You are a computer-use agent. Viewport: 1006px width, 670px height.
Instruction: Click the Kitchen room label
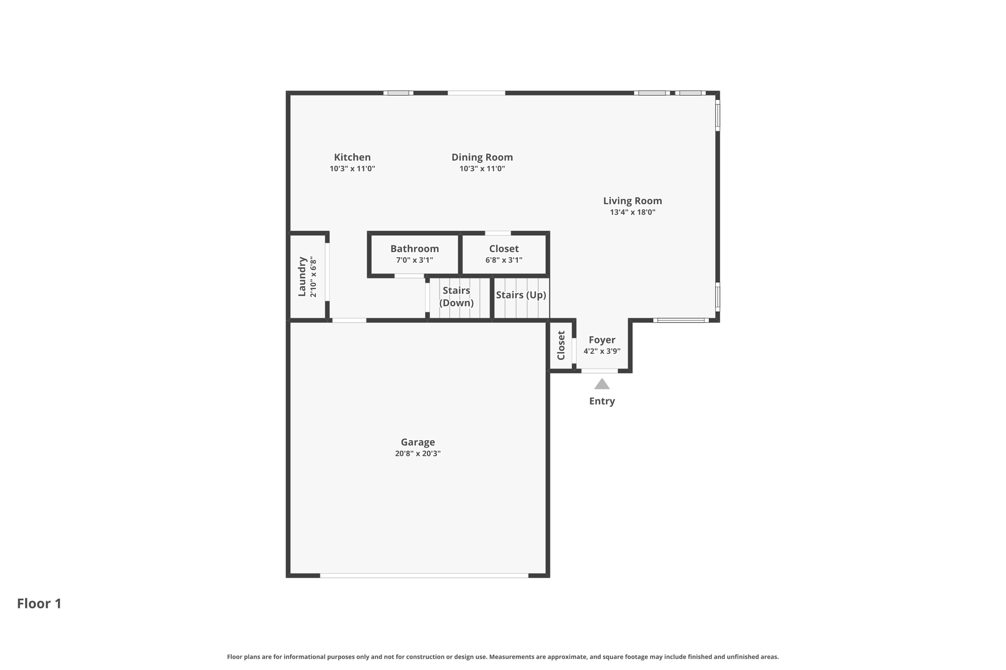352,157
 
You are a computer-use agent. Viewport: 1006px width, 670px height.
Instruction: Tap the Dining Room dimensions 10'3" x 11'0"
482,169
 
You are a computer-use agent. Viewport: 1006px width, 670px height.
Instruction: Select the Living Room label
632,201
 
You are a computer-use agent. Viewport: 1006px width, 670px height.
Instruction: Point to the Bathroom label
415,249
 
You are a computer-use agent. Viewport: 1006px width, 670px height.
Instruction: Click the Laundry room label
302,276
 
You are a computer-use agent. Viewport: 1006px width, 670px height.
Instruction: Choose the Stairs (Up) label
521,295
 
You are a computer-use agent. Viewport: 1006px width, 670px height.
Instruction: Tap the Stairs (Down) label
456,296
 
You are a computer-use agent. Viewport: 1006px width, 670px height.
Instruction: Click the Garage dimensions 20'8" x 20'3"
418,454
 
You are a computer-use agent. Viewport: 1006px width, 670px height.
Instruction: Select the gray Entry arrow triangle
602,384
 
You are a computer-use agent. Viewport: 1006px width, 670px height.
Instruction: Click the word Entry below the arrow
602,401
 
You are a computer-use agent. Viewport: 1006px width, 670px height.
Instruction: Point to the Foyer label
602,340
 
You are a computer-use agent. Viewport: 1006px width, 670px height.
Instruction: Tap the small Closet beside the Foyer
561,345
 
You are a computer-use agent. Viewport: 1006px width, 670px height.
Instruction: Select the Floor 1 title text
39,603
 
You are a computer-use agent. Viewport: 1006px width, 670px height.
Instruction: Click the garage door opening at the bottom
424,575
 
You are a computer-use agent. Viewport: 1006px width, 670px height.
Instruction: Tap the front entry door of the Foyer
599,371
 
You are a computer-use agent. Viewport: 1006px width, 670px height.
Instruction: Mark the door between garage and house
349,321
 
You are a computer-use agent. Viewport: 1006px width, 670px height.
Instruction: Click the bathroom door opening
409,276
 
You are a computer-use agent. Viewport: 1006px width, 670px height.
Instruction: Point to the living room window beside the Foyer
680,321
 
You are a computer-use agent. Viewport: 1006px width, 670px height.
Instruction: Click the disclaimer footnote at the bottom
503,657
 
